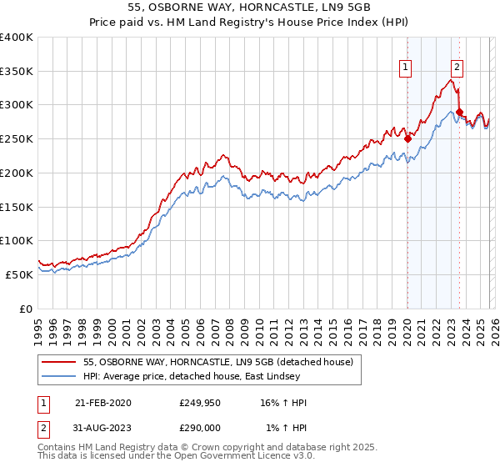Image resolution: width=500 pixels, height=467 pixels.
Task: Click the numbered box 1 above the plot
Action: [405, 68]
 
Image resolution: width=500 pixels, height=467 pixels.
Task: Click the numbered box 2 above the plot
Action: [457, 68]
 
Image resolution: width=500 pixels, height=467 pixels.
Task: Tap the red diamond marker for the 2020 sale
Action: [407, 139]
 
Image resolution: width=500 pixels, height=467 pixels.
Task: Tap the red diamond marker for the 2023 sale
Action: [459, 112]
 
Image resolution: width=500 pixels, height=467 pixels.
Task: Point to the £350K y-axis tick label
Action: [17, 72]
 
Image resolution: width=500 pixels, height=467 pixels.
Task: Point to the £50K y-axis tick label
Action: [19, 274]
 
